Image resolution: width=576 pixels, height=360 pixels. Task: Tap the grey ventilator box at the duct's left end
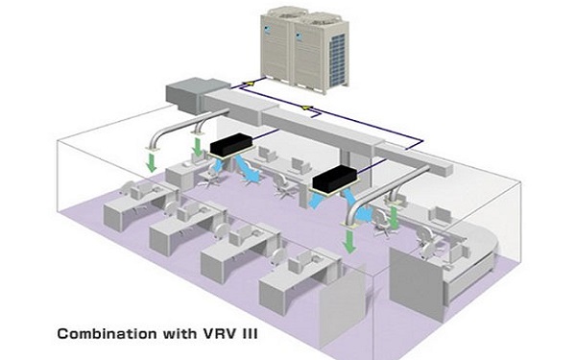tap(189, 93)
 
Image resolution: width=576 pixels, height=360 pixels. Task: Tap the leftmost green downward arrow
tap(151, 158)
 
